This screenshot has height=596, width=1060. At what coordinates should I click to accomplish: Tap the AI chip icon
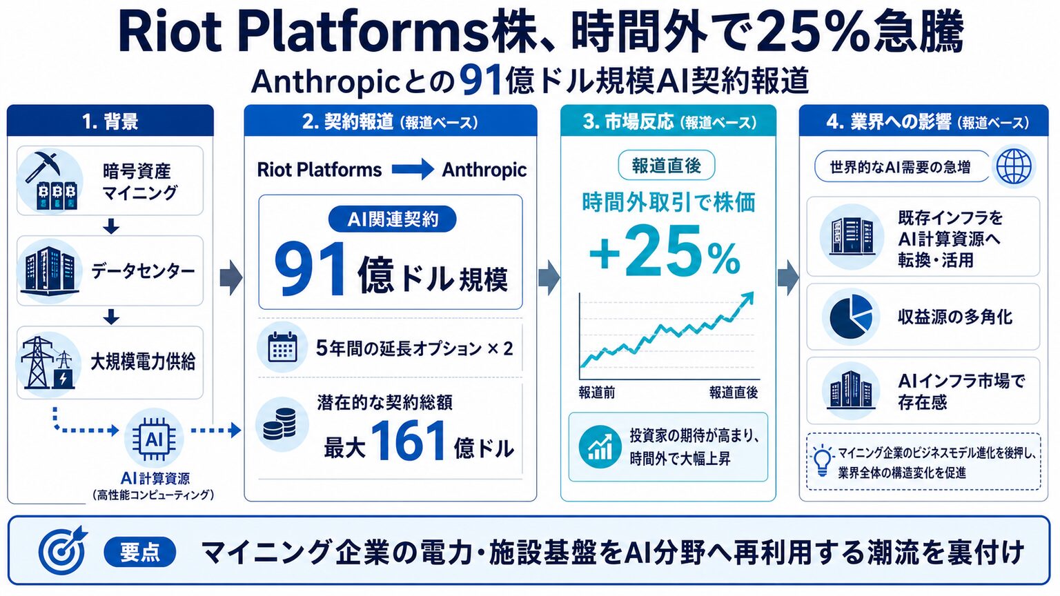click(155, 439)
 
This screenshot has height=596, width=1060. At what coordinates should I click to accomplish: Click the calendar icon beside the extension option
click(282, 348)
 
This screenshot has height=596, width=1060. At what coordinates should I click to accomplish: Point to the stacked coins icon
click(279, 424)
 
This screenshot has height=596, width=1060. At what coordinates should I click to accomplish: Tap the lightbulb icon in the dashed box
click(822, 460)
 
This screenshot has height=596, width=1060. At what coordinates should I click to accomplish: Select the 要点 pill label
click(139, 552)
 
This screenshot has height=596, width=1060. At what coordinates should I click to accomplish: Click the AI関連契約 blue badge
click(392, 219)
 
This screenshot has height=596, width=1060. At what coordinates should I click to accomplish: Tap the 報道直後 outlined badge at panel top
click(666, 166)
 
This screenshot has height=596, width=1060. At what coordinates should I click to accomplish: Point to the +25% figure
click(665, 251)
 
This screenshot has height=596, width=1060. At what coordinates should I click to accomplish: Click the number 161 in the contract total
click(409, 441)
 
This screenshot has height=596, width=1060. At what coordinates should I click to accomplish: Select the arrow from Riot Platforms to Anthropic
click(413, 169)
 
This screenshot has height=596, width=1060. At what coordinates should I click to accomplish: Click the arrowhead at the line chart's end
click(747, 299)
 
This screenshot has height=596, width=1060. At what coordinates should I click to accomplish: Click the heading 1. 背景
click(110, 121)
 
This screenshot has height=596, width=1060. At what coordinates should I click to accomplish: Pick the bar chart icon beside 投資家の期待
click(600, 447)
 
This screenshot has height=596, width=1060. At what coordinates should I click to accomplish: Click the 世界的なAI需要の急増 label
click(900, 167)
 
